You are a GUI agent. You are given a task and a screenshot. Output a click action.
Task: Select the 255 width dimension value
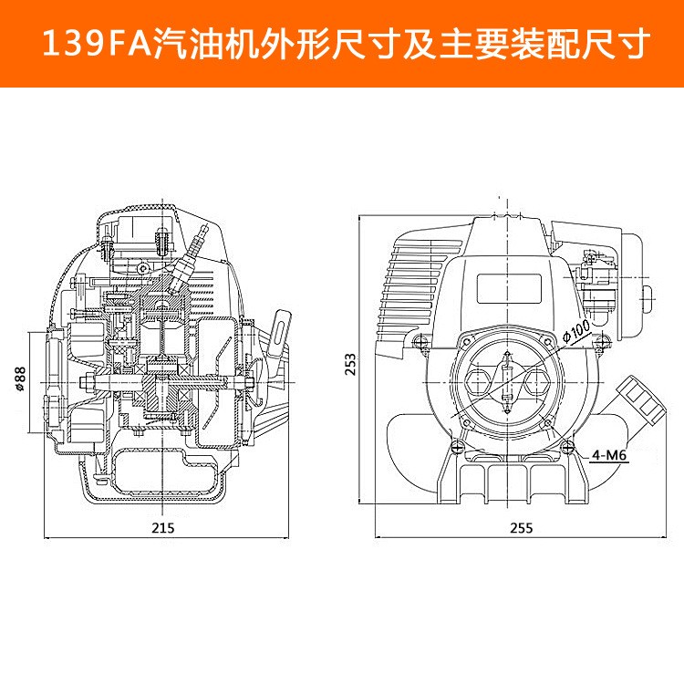[521, 528]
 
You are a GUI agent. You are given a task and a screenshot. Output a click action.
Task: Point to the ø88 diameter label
[20, 378]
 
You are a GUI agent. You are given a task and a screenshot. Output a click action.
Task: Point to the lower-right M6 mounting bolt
[570, 446]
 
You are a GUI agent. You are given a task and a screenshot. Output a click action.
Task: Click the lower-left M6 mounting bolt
[453, 444]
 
